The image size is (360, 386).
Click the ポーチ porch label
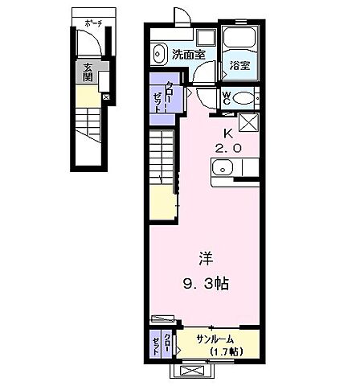click(x=91, y=23)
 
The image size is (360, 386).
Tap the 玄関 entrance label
click(x=84, y=72)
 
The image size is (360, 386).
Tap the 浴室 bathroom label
click(x=238, y=65)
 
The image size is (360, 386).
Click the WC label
click(x=227, y=97)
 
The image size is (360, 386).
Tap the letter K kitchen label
click(x=227, y=134)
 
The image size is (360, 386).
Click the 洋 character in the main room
click(x=206, y=259)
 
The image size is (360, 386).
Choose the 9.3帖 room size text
click(x=207, y=282)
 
